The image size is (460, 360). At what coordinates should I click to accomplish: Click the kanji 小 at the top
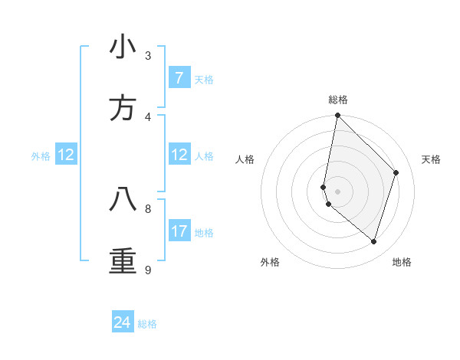123,48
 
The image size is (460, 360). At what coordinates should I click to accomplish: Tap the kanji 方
123,108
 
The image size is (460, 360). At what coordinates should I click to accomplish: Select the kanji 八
123,198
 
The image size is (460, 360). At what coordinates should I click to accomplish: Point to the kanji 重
123,260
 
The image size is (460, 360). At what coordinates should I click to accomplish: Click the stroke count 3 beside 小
148,56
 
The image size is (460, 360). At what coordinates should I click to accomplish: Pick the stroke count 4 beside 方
148,116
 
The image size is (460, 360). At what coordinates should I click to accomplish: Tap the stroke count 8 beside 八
148,208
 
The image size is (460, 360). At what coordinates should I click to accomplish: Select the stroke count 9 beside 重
148,269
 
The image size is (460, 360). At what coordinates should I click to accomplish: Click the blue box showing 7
179,78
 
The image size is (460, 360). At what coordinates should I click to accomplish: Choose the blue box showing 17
179,231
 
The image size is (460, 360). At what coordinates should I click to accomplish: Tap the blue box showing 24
123,322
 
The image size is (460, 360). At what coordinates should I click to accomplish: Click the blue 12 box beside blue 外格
66,155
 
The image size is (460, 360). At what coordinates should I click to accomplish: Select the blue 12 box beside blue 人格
179,155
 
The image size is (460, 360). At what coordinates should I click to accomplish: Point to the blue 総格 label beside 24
147,324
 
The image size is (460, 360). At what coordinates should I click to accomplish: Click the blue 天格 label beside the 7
204,80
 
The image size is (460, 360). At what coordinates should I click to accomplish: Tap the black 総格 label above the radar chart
338,100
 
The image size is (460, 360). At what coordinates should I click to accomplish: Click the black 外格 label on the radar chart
270,262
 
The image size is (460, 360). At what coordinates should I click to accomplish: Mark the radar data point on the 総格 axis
337,116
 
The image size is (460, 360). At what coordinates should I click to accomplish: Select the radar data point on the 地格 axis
373,241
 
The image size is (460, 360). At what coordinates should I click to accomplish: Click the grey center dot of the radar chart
337,191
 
